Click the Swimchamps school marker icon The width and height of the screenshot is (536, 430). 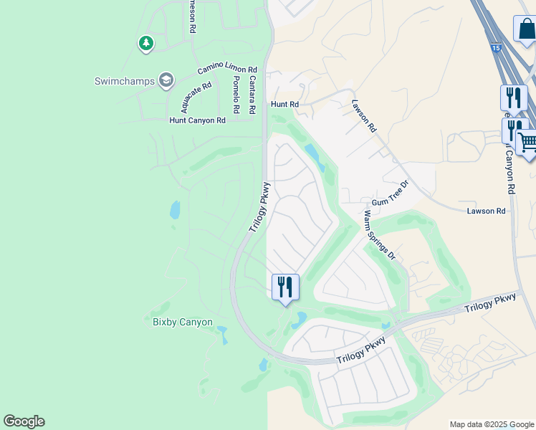166,80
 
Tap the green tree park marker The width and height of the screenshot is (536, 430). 146,44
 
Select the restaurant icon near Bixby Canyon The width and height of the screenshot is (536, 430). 285,287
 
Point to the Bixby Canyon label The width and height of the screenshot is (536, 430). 183,322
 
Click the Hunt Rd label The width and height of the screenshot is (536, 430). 284,104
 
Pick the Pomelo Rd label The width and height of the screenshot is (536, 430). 235,95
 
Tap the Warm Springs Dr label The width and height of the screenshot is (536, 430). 379,234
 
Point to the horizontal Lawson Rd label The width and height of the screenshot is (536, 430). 486,211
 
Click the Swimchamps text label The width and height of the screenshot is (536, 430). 125,81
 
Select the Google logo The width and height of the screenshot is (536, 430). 24,421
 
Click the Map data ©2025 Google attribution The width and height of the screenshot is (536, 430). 492,424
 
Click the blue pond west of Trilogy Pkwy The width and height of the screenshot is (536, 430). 174,210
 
